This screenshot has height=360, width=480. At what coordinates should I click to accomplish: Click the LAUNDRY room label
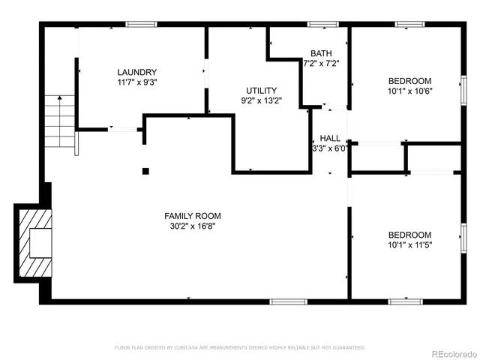tap(136, 72)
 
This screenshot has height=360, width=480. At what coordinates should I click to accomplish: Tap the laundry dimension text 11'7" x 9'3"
tap(136, 82)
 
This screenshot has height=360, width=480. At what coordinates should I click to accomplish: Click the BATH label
tap(321, 53)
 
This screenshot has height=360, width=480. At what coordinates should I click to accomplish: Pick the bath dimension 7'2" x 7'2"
tap(321, 64)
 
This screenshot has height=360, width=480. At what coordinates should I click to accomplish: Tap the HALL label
tap(330, 138)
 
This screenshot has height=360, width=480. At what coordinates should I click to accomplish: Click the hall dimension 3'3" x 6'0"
tap(330, 148)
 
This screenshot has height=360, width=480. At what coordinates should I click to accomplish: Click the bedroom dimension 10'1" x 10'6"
tap(409, 91)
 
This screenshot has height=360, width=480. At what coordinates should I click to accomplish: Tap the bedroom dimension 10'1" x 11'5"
tap(409, 244)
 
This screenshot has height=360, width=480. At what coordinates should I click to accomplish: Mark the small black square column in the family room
tap(145, 170)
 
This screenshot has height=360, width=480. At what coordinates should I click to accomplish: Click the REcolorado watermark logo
tap(452, 353)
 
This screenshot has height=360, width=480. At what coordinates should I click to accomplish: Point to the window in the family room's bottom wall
tap(289, 301)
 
